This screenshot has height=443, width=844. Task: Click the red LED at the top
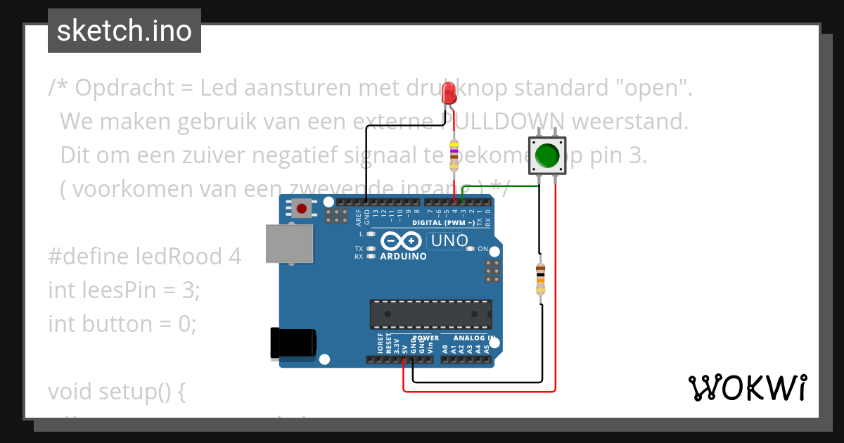point(449,94)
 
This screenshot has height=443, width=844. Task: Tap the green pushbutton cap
point(546,155)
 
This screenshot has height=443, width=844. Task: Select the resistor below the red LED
point(454,155)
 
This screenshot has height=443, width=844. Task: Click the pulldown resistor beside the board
point(540,280)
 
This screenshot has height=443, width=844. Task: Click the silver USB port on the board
point(288,244)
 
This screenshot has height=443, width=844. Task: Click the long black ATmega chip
point(430,314)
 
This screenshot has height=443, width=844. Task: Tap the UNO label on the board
point(449,241)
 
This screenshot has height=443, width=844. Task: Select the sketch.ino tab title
point(124,31)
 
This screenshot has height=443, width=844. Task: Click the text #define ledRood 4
point(144,257)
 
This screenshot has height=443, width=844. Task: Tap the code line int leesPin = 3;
point(124,290)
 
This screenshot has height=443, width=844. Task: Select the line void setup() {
point(117,391)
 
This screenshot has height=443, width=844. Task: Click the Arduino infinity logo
point(401,242)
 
